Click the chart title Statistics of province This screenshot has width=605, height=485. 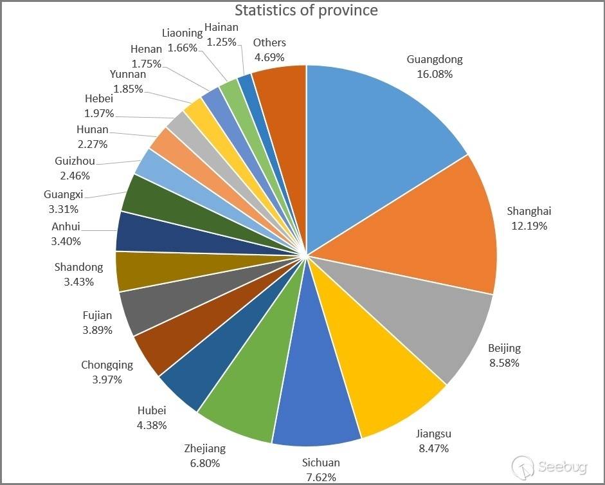point(306,10)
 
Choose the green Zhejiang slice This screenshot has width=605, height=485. point(251,386)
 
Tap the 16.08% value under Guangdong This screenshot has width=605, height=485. point(435,74)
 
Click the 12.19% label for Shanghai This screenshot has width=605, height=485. point(529,226)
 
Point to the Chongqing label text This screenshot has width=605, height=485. point(107,365)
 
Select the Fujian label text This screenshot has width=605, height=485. point(97,315)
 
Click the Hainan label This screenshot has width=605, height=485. point(221,27)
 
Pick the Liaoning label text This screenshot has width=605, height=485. point(183,32)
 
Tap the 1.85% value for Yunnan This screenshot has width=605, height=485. point(129,89)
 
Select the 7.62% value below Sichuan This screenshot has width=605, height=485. point(321,477)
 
